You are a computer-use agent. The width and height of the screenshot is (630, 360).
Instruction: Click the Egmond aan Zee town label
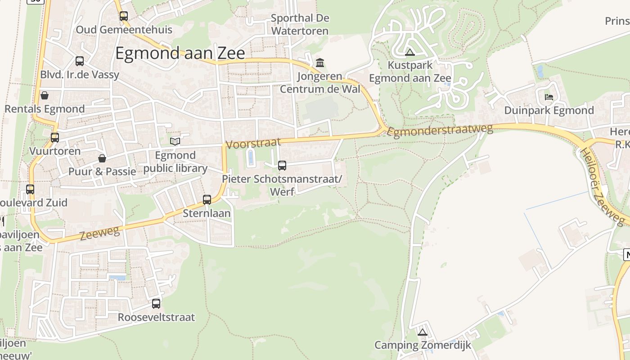pyautogui.click(x=180, y=53)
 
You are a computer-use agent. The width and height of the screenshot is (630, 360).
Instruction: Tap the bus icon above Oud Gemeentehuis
pyautogui.click(x=124, y=16)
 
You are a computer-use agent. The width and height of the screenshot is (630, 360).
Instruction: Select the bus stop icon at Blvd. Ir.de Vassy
pyautogui.click(x=80, y=61)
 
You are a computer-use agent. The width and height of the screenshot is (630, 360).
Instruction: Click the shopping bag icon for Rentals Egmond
pyautogui.click(x=45, y=95)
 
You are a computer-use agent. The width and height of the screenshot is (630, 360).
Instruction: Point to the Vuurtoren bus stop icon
pyautogui.click(x=55, y=138)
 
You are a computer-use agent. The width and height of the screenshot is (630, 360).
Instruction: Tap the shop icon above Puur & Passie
pyautogui.click(x=102, y=158)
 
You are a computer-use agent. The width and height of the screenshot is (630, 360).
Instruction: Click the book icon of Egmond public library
pyautogui.click(x=175, y=142)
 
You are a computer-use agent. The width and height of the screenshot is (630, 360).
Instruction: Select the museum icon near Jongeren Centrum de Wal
pyautogui.click(x=320, y=63)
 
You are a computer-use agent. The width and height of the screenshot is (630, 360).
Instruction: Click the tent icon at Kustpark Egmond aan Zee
pyautogui.click(x=409, y=52)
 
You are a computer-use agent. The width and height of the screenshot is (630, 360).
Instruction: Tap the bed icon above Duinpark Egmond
pyautogui.click(x=549, y=97)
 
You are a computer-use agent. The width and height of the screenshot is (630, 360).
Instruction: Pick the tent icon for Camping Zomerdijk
pyautogui.click(x=422, y=333)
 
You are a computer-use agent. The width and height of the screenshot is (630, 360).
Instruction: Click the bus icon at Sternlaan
pyautogui.click(x=207, y=200)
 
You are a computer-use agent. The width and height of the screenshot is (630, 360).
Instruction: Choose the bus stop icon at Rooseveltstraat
pyautogui.click(x=156, y=304)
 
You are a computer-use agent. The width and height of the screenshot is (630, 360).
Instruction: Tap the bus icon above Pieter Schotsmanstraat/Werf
pyautogui.click(x=282, y=166)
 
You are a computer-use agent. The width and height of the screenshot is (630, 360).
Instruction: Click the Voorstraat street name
pyautogui.click(x=253, y=144)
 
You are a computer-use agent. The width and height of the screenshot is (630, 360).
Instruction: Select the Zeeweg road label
pyautogui.click(x=99, y=233)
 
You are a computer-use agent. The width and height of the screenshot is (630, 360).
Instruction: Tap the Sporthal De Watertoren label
pyautogui.click(x=300, y=25)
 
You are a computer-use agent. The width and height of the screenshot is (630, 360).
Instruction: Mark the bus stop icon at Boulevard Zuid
pyautogui.click(x=30, y=189)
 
